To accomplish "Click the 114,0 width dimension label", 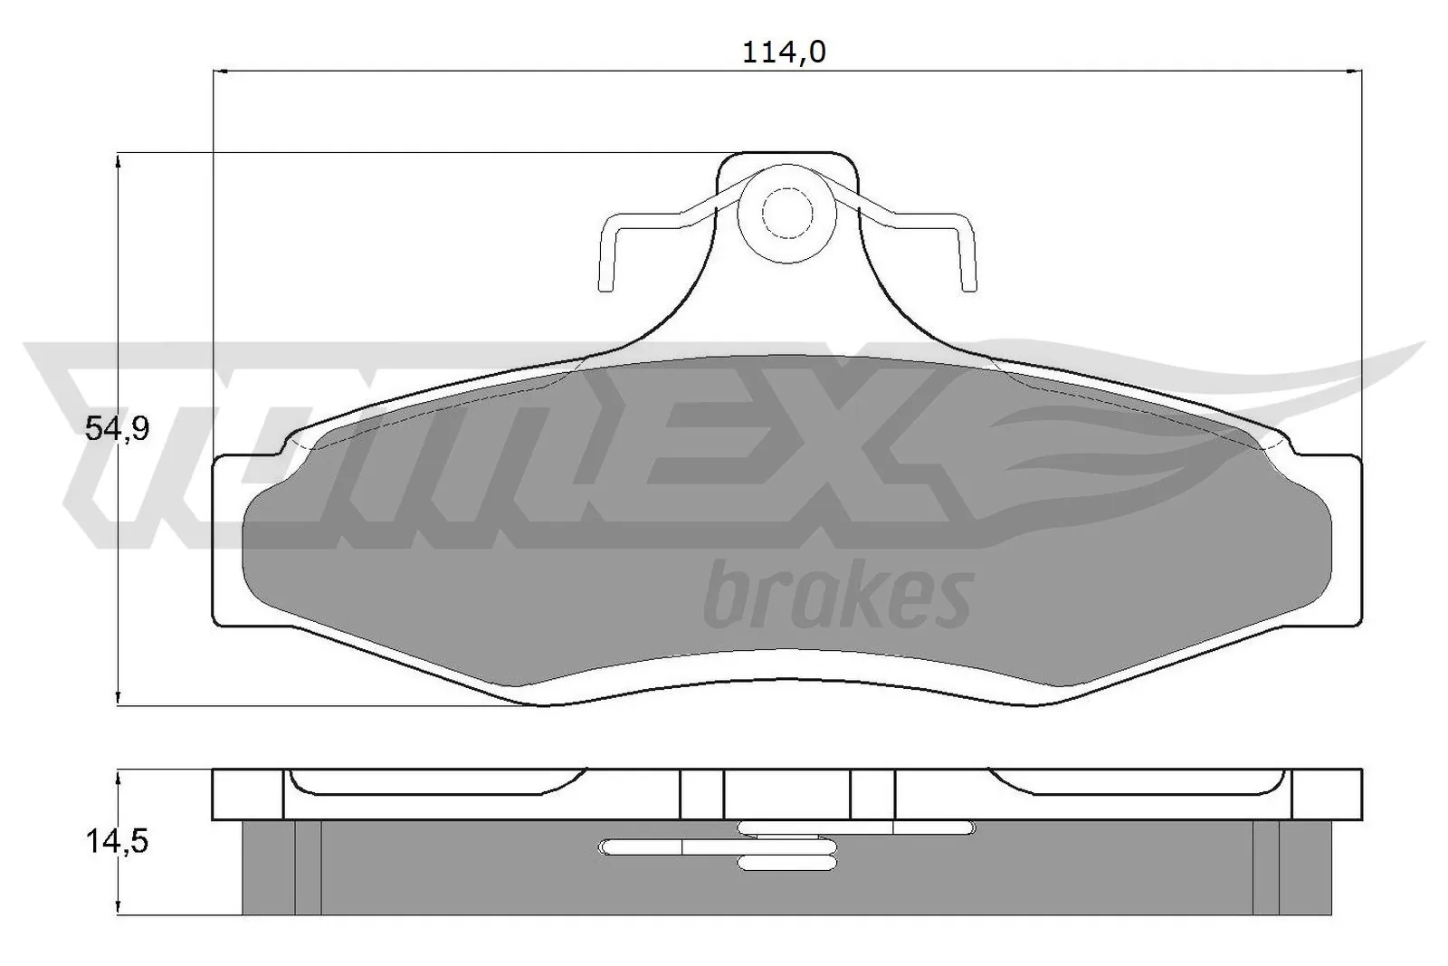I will [784, 53].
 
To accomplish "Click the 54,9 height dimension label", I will [117, 428].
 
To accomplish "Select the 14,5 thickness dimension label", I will [117, 842].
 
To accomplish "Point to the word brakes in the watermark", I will [837, 595].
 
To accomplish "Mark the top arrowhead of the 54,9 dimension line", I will [119, 160].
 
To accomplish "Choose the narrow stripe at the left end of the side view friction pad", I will [308, 867].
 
